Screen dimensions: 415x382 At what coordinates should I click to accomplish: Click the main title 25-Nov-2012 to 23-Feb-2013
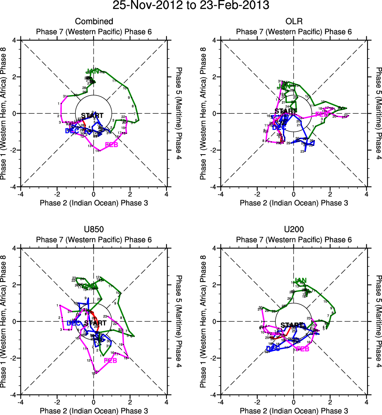tap(191, 6)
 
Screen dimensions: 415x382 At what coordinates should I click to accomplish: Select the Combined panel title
tap(94, 22)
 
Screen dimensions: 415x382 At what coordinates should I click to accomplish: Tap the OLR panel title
tap(293, 22)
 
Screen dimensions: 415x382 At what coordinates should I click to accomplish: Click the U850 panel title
tap(94, 229)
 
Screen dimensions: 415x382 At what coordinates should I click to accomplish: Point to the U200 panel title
tap(293, 229)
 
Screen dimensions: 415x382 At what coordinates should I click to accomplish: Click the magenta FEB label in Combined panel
tap(111, 145)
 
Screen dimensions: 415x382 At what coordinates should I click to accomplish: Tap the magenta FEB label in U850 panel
tap(110, 360)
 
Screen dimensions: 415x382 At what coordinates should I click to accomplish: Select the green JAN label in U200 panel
tap(301, 280)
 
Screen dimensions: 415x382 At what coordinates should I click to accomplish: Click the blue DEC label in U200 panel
tap(273, 348)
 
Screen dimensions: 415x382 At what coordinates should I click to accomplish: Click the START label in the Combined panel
tap(93, 116)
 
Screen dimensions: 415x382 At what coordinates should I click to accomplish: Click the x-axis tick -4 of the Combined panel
tap(20, 194)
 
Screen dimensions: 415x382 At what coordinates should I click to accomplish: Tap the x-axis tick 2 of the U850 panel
tap(130, 402)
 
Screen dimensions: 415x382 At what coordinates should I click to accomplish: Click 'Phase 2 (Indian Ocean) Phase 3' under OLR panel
tap(293, 203)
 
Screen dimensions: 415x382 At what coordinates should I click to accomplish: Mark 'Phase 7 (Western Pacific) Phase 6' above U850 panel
tap(94, 240)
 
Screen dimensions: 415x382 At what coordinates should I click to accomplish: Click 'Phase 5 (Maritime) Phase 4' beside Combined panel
tap(179, 113)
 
